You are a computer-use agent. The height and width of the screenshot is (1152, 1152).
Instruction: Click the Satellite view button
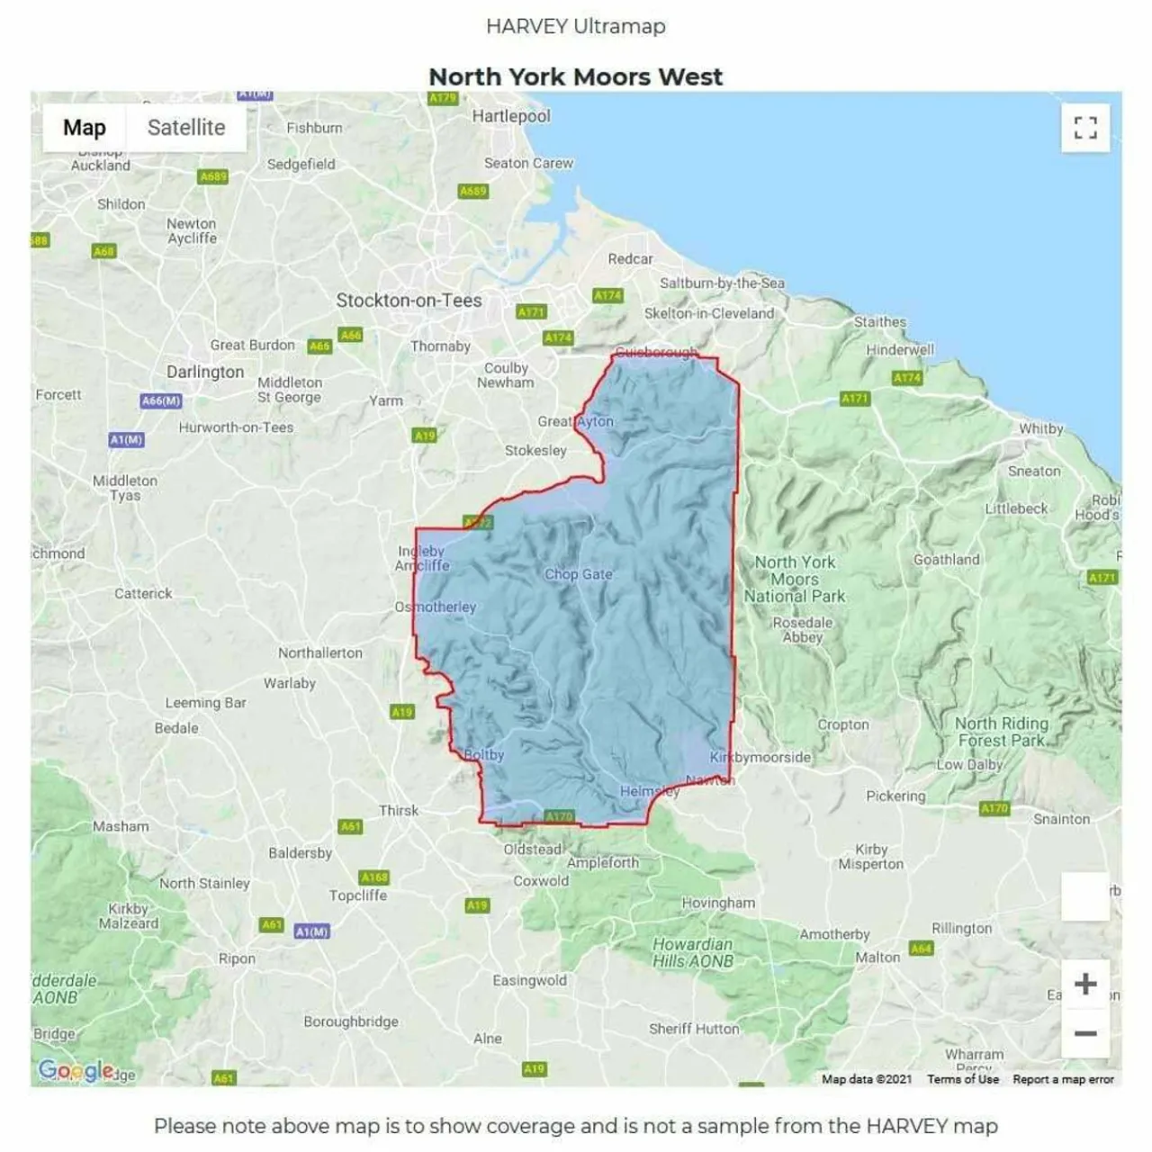click(x=186, y=128)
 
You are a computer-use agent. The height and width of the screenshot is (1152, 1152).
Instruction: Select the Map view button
click(x=85, y=128)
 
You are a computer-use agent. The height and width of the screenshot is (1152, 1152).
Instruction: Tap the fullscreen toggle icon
click(x=1085, y=128)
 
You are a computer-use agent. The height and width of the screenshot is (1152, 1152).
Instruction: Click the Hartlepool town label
click(x=511, y=116)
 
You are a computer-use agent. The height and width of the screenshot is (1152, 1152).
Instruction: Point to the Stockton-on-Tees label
click(x=409, y=301)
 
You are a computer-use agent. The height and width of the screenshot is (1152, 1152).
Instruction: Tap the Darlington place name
click(x=205, y=372)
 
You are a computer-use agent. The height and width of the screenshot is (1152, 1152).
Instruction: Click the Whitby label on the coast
click(x=1040, y=429)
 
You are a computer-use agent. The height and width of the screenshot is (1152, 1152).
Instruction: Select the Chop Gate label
click(x=578, y=574)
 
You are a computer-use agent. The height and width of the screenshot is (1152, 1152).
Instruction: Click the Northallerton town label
click(x=320, y=652)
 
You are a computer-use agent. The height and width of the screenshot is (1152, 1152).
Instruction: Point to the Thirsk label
click(x=399, y=810)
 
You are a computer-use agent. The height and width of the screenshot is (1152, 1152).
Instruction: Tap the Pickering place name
click(x=895, y=796)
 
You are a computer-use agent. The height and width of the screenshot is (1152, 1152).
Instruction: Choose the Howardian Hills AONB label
click(x=693, y=952)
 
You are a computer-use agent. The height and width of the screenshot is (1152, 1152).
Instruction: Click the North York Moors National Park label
click(x=795, y=579)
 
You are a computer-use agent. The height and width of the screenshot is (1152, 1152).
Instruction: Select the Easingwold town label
click(x=529, y=980)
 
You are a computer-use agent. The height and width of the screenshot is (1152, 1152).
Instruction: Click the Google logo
click(x=76, y=1070)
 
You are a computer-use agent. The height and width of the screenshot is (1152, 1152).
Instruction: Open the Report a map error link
click(x=1063, y=1079)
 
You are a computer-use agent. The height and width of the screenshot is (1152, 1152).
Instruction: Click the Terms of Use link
click(x=963, y=1079)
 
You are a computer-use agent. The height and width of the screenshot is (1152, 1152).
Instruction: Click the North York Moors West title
click(x=575, y=77)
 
